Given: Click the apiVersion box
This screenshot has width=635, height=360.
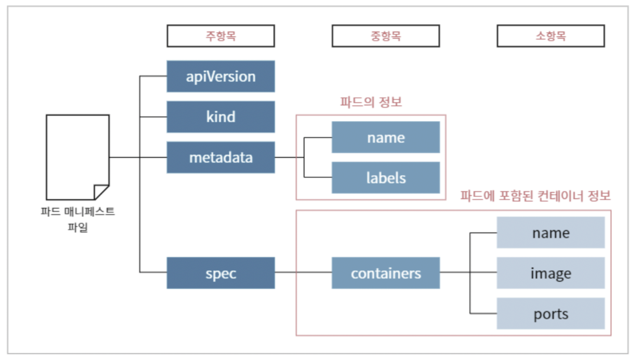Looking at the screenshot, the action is coord(221,76).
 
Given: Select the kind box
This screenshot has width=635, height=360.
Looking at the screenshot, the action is coord(221,117).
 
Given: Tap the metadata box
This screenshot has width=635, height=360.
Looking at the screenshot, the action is coord(221,157).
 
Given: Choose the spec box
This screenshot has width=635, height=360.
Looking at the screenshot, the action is coord(221,273).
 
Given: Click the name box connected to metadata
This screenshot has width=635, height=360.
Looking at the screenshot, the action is coord(386,137).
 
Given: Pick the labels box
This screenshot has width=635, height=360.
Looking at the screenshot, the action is coord(386,178).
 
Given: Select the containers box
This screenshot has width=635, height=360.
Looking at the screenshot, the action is coord(386,273).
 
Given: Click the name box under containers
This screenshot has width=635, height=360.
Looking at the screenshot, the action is coord(551,232).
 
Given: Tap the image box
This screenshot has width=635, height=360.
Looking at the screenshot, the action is coord(551,273).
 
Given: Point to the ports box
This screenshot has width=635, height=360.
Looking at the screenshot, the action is coord(551,313).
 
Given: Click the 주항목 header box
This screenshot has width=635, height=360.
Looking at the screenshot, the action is coord(221,36).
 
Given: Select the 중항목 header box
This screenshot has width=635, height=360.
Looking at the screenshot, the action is coord(386,36).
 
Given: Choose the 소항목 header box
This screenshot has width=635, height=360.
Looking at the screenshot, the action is coord(551,36).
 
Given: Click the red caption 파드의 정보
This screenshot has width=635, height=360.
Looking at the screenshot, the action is coord(371,102).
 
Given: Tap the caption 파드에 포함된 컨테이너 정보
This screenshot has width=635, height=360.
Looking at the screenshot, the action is coord(535,196).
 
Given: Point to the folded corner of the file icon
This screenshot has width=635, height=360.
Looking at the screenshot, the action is coord(101,192).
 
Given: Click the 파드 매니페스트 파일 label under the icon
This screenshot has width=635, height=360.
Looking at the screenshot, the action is coord(78,220).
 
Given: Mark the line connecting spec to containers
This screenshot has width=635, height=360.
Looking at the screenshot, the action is coord(303,272).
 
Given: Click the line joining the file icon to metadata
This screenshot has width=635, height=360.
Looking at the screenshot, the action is coord(138,157).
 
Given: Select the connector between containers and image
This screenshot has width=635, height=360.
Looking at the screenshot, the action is coord(468,272).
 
